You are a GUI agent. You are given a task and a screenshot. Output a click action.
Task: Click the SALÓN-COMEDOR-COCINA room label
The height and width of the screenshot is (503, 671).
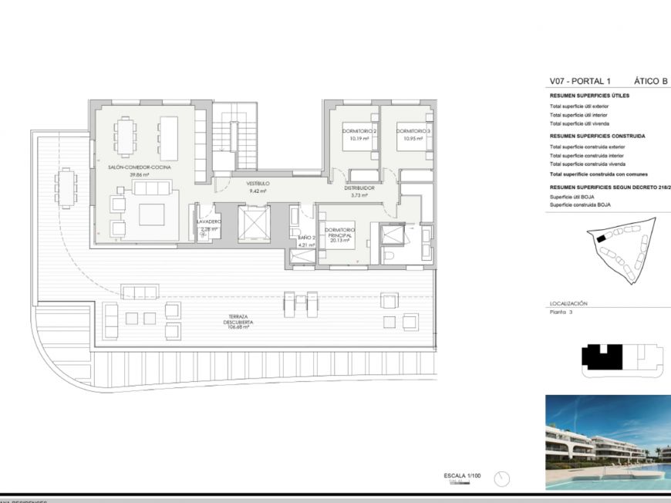point(140,167)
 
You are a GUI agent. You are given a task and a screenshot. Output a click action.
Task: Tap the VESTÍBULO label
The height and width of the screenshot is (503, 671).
point(257,184)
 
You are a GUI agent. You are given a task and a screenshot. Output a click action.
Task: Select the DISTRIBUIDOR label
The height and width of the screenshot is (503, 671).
point(359,187)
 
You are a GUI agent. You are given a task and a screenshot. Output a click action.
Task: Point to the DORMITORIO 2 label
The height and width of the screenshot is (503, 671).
point(359,132)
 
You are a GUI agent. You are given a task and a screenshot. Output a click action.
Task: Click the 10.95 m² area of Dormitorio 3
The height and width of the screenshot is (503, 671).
point(413,140)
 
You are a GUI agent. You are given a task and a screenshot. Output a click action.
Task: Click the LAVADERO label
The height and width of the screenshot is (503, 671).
point(207,221)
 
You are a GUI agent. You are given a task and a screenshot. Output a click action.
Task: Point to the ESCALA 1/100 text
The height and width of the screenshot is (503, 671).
point(462,476)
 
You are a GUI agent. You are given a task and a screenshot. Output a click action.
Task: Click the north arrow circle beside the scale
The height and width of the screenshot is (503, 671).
point(502,478)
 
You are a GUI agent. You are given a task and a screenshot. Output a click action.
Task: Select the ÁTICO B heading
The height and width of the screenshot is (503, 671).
point(650,80)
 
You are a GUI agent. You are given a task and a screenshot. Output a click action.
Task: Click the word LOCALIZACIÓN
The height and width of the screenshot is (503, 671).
point(568,304)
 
